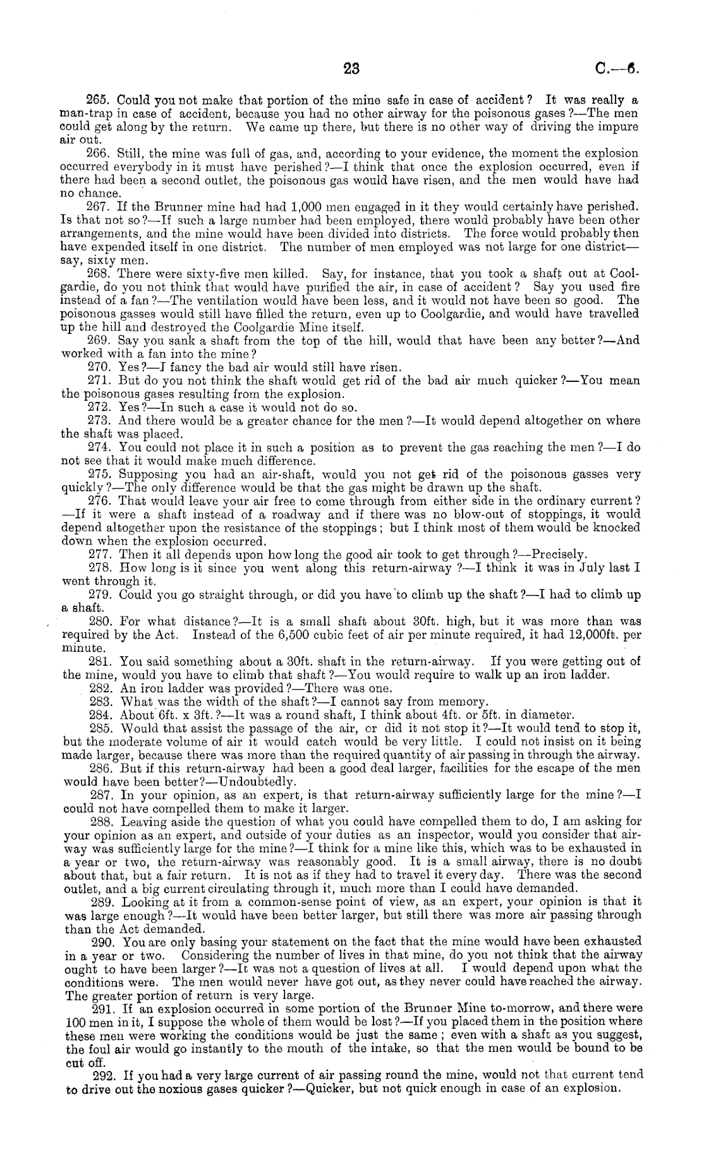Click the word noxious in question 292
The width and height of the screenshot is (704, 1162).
click(x=173, y=1088)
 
